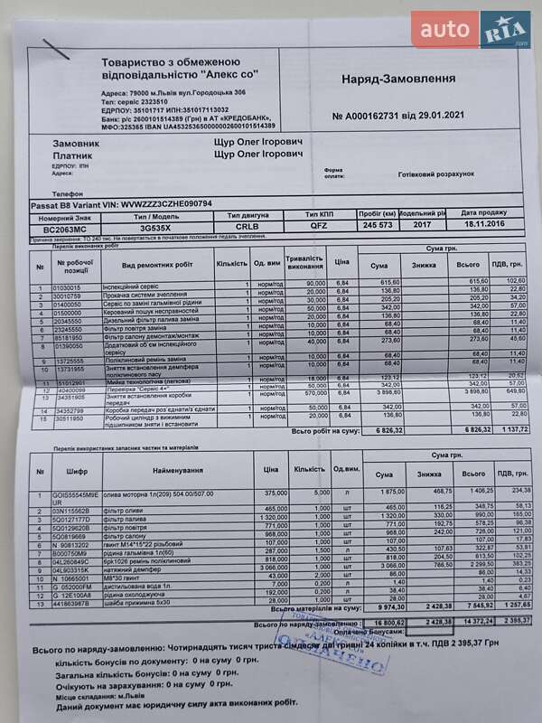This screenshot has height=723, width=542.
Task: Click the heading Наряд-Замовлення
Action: [397, 79]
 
